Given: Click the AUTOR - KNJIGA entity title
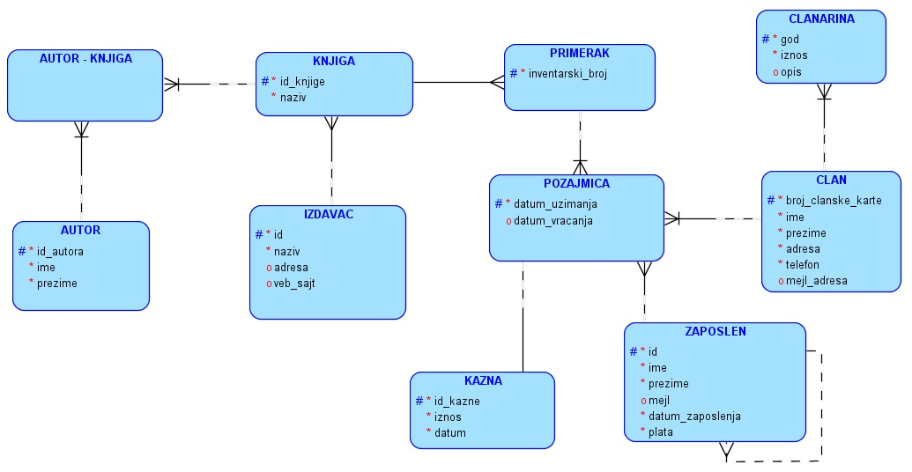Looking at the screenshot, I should click(x=85, y=59).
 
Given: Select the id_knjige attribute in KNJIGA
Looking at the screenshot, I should click(x=302, y=81).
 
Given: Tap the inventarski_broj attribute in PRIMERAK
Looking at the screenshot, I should click(x=567, y=73).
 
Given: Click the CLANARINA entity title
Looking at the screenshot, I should click(x=821, y=18).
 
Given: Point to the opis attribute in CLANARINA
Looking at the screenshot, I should click(x=791, y=71).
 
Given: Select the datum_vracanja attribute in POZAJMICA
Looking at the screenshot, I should click(x=552, y=220).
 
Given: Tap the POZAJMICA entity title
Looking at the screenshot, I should click(x=576, y=184).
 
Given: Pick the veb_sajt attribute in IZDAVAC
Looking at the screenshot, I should click(x=294, y=283).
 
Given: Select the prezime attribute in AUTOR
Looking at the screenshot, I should click(x=56, y=283).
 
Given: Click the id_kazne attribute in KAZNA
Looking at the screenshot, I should click(x=456, y=401).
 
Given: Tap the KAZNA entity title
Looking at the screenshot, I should click(x=483, y=381).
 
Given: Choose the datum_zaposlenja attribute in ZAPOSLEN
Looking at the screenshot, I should click(x=694, y=416).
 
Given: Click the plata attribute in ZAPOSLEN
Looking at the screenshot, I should click(x=662, y=431).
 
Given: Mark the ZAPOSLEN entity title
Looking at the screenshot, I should click(x=715, y=332).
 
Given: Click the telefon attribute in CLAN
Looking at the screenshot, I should click(x=802, y=264).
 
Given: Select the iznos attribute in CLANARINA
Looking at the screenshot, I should click(x=794, y=55).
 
